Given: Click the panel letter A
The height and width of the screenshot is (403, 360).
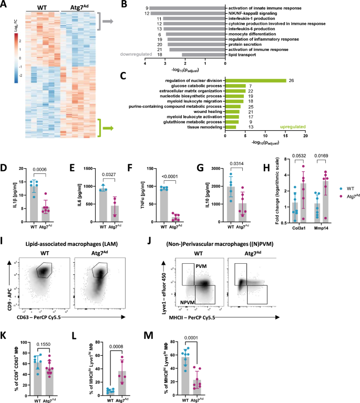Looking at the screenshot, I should (5, 5).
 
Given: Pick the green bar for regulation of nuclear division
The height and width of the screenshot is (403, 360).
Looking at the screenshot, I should (255, 80).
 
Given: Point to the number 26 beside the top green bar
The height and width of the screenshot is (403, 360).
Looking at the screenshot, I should (291, 80).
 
